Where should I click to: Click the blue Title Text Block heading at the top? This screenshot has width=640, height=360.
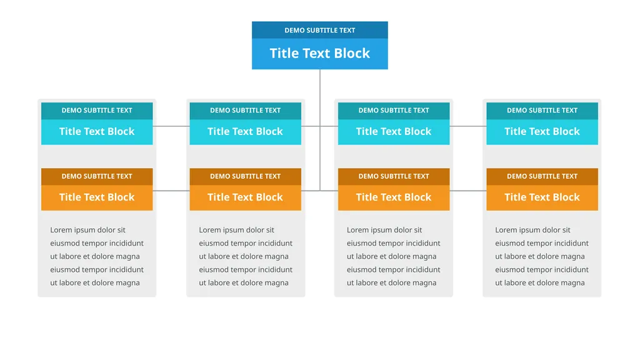point(319,54)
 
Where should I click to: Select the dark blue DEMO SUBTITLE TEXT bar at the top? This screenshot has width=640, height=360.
point(319,30)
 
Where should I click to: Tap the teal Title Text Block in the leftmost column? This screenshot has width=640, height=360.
point(97,131)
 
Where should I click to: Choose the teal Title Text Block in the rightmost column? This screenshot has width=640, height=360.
point(542,131)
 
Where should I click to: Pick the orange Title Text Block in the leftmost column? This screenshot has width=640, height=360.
point(97,197)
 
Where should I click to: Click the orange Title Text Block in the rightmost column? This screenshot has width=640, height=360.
point(542,197)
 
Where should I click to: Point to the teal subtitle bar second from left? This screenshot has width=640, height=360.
point(245,111)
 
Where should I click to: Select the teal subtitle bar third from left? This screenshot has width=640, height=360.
point(394,111)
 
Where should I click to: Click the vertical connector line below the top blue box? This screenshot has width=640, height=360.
point(320,130)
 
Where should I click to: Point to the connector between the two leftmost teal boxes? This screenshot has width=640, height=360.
point(171,126)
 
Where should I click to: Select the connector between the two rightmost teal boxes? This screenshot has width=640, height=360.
point(467,126)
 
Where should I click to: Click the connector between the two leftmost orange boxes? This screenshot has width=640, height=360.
point(171,191)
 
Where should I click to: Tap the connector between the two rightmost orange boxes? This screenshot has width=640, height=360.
point(467,191)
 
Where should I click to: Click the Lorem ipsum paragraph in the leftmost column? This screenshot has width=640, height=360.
point(97,256)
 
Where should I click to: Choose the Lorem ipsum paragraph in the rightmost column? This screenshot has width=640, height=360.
point(542,256)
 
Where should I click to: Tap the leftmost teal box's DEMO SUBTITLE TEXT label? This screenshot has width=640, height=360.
point(97,111)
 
